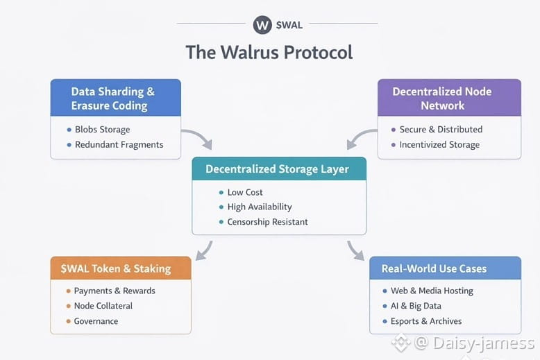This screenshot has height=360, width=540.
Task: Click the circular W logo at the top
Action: point(262,25)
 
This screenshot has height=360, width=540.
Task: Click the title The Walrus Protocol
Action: point(269,53)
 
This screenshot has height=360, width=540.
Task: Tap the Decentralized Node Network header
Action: point(442,98)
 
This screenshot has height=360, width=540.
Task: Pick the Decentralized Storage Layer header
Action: point(277,169)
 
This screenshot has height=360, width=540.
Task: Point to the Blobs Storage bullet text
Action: point(102,130)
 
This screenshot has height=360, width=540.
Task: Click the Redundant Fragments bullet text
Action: point(119,145)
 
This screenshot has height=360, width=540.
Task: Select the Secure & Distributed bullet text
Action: point(441,130)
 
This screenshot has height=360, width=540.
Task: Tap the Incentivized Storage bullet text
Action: point(439,145)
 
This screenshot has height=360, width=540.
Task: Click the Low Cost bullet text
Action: point(245,192)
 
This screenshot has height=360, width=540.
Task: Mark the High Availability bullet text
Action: point(260,207)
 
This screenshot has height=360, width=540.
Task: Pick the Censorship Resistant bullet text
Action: point(267,222)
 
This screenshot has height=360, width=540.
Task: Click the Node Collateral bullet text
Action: point(103,306)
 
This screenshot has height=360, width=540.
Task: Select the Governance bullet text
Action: point(96,321)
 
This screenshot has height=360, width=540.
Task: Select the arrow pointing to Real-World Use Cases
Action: point(355,250)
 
